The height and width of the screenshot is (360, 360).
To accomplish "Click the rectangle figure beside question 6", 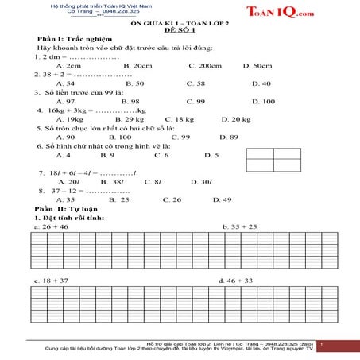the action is tap(270, 165).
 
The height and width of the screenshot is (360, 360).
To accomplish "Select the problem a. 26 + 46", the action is tap(52, 227).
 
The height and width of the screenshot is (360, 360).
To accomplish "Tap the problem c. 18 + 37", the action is tap(52, 281).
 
